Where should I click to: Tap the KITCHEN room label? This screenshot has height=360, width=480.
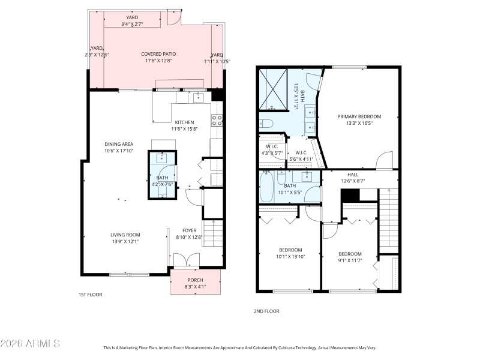click(x=184, y=122)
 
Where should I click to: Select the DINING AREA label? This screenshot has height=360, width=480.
click(x=119, y=144)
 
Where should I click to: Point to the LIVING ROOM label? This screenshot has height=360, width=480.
click(x=125, y=235)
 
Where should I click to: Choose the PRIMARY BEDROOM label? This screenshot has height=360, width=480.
click(x=359, y=116)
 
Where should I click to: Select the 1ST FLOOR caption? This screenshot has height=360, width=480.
click(x=90, y=295)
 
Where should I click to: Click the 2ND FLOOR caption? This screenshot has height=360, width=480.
click(x=267, y=311)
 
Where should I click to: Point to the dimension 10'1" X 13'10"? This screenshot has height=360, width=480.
click(x=290, y=257)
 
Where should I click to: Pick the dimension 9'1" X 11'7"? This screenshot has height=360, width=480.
click(x=350, y=260)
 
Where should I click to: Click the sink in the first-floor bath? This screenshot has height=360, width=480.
click(x=162, y=158)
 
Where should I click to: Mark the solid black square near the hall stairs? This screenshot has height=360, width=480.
click(x=349, y=196)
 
